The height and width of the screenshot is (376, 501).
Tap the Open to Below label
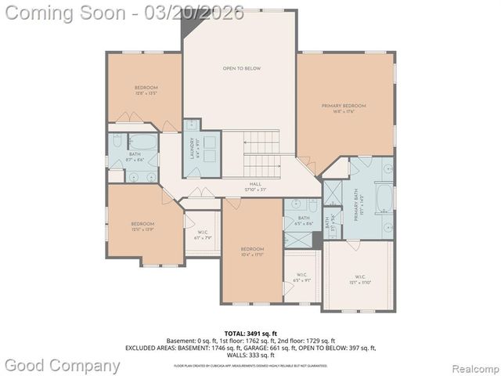(x=242, y=69)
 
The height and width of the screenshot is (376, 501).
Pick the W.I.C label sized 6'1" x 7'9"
(x=202, y=237)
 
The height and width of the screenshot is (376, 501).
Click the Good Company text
(x=63, y=365)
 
